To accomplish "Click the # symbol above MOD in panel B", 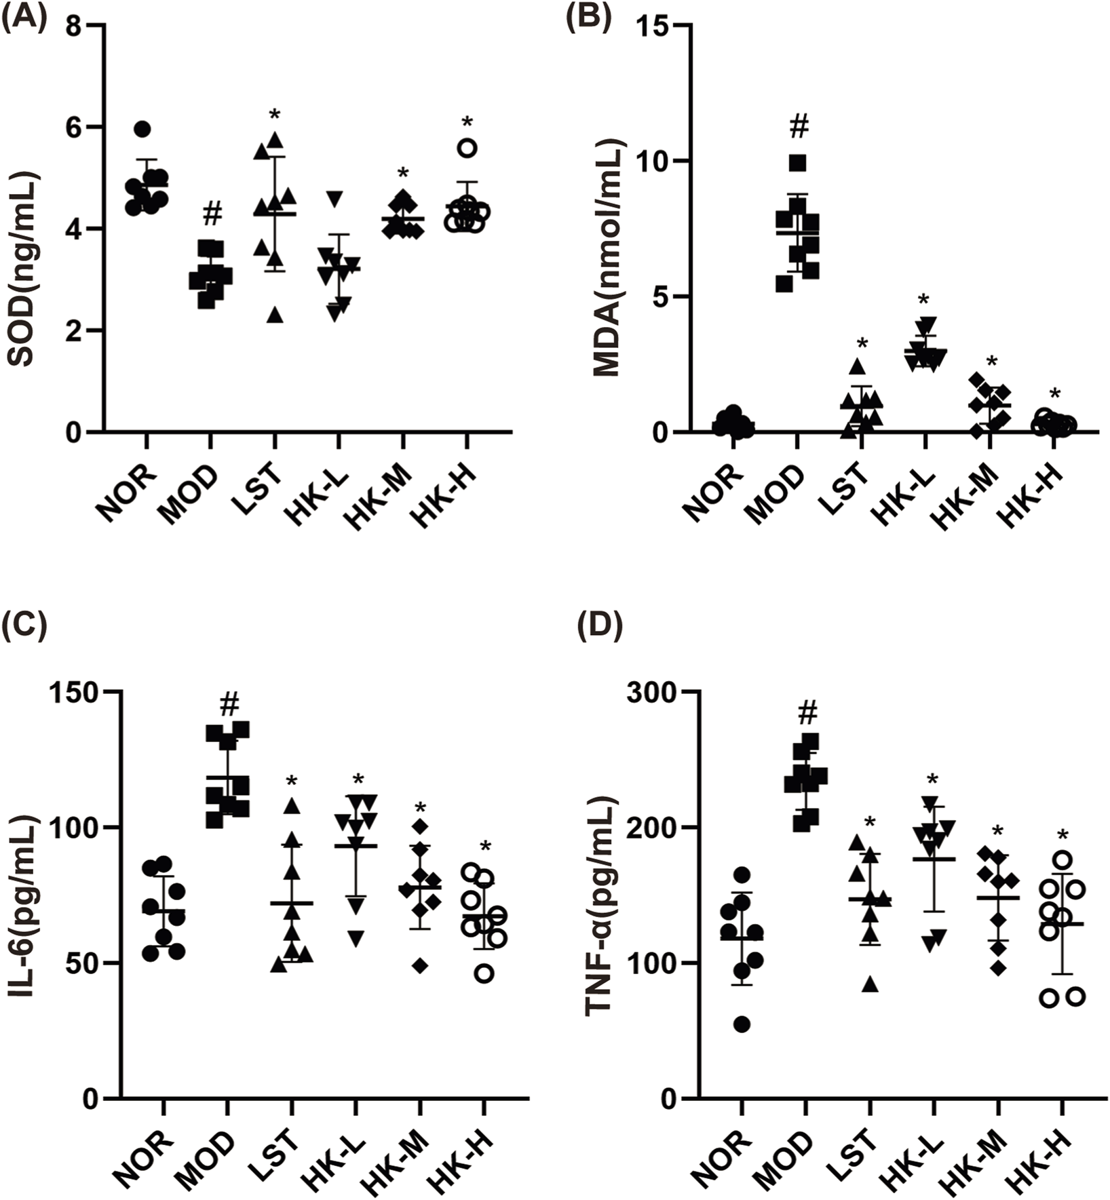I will pyautogui.click(x=799, y=126).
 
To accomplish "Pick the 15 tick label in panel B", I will pyautogui.click(x=651, y=26).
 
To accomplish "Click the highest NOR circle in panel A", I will pyautogui.click(x=142, y=129).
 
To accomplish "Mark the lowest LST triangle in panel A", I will pyautogui.click(x=275, y=315).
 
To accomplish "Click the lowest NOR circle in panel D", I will pyautogui.click(x=742, y=1024).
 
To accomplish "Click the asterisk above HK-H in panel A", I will pyautogui.click(x=467, y=123).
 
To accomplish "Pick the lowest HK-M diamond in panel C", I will pyautogui.click(x=421, y=966).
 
